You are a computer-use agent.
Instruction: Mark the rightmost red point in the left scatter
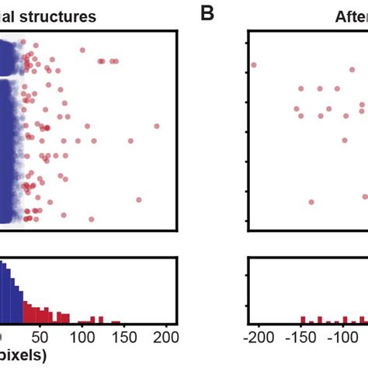(x=157, y=126)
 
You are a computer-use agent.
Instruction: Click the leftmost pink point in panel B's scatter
(x=253, y=64)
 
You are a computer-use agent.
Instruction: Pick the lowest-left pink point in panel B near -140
(x=311, y=202)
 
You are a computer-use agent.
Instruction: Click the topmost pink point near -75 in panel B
(x=336, y=89)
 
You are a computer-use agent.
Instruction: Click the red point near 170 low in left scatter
(x=139, y=200)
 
